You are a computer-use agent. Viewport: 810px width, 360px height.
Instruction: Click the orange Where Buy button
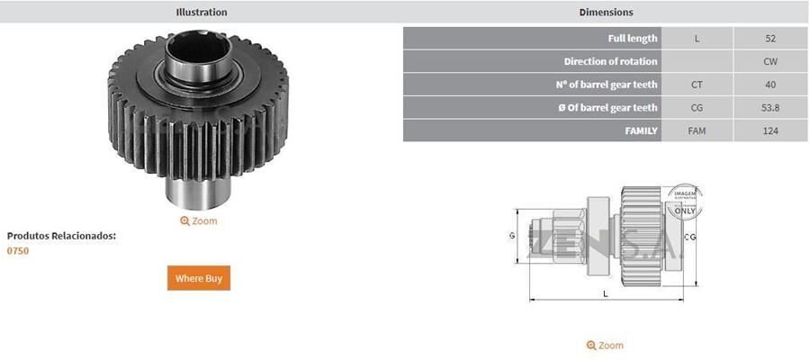click(x=199, y=278)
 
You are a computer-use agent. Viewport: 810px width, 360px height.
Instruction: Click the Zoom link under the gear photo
click(x=199, y=220)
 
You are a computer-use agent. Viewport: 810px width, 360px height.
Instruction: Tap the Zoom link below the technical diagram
click(x=605, y=346)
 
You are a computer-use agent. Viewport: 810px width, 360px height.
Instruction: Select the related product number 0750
click(x=18, y=251)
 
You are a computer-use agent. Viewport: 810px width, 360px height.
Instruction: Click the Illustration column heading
click(x=201, y=13)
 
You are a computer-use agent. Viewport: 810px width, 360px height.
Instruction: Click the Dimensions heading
click(x=606, y=13)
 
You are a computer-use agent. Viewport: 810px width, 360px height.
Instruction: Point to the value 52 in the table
click(x=770, y=39)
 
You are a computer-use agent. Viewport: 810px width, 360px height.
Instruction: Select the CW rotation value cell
click(x=770, y=61)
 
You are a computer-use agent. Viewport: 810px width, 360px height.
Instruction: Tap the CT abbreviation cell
click(x=697, y=85)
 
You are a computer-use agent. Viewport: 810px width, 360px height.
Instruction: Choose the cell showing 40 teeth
click(x=770, y=85)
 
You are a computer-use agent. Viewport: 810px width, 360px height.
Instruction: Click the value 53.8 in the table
click(x=770, y=108)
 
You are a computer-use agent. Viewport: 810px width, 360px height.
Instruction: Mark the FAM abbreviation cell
click(x=697, y=131)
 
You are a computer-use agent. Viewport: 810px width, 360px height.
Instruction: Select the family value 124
click(x=770, y=131)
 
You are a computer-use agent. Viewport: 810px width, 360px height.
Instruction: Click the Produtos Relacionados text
click(x=61, y=236)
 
